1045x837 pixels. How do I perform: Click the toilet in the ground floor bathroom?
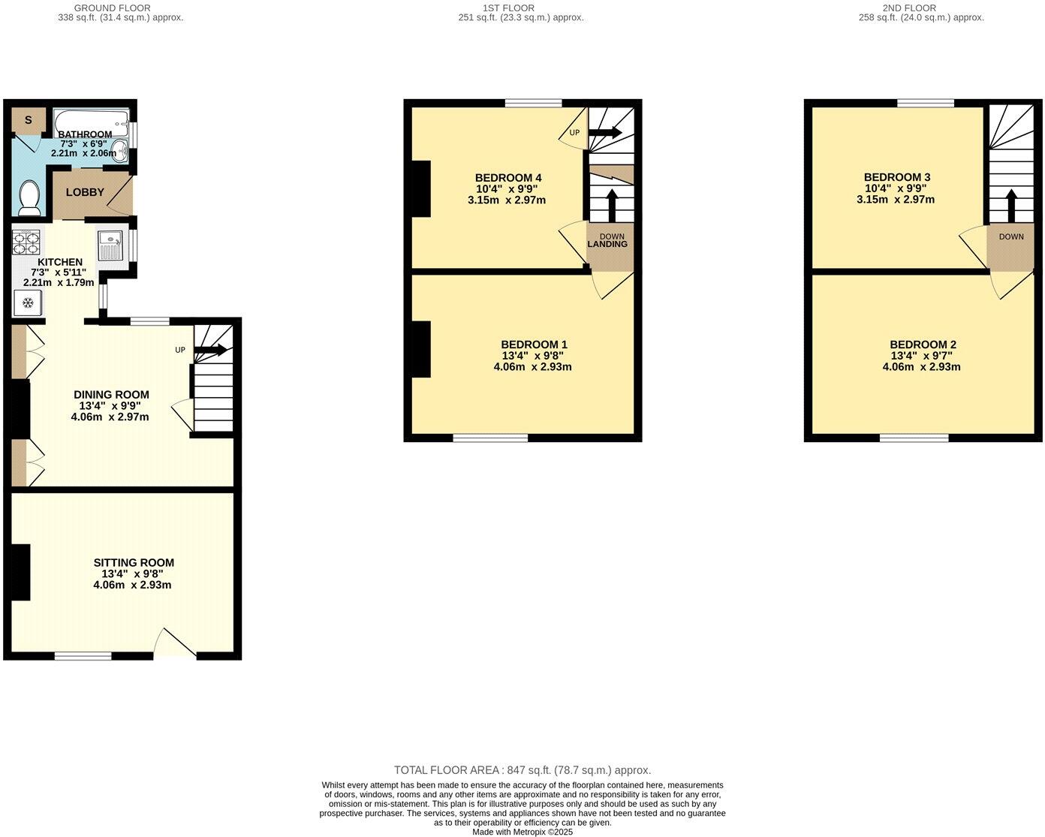[29, 197]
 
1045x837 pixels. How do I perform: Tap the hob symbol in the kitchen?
[26, 242]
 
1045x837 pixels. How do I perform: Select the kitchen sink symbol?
[110, 243]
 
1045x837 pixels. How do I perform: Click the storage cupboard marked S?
[29, 120]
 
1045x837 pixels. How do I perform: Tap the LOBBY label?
[85, 192]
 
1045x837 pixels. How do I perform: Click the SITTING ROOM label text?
[134, 562]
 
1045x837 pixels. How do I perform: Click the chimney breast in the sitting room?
[20, 572]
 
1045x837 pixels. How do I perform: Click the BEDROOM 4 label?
[508, 178]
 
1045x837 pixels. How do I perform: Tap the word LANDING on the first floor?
[607, 244]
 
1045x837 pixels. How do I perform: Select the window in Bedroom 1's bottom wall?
[490, 438]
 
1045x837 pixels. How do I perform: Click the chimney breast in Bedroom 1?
[421, 349]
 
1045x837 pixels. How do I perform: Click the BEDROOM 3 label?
[897, 178]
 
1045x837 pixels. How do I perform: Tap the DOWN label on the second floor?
[1010, 236]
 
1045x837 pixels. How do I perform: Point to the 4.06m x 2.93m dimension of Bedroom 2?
[921, 367]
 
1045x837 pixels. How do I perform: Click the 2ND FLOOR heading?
[921, 8]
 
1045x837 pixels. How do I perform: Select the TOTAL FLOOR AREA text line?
[522, 770]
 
